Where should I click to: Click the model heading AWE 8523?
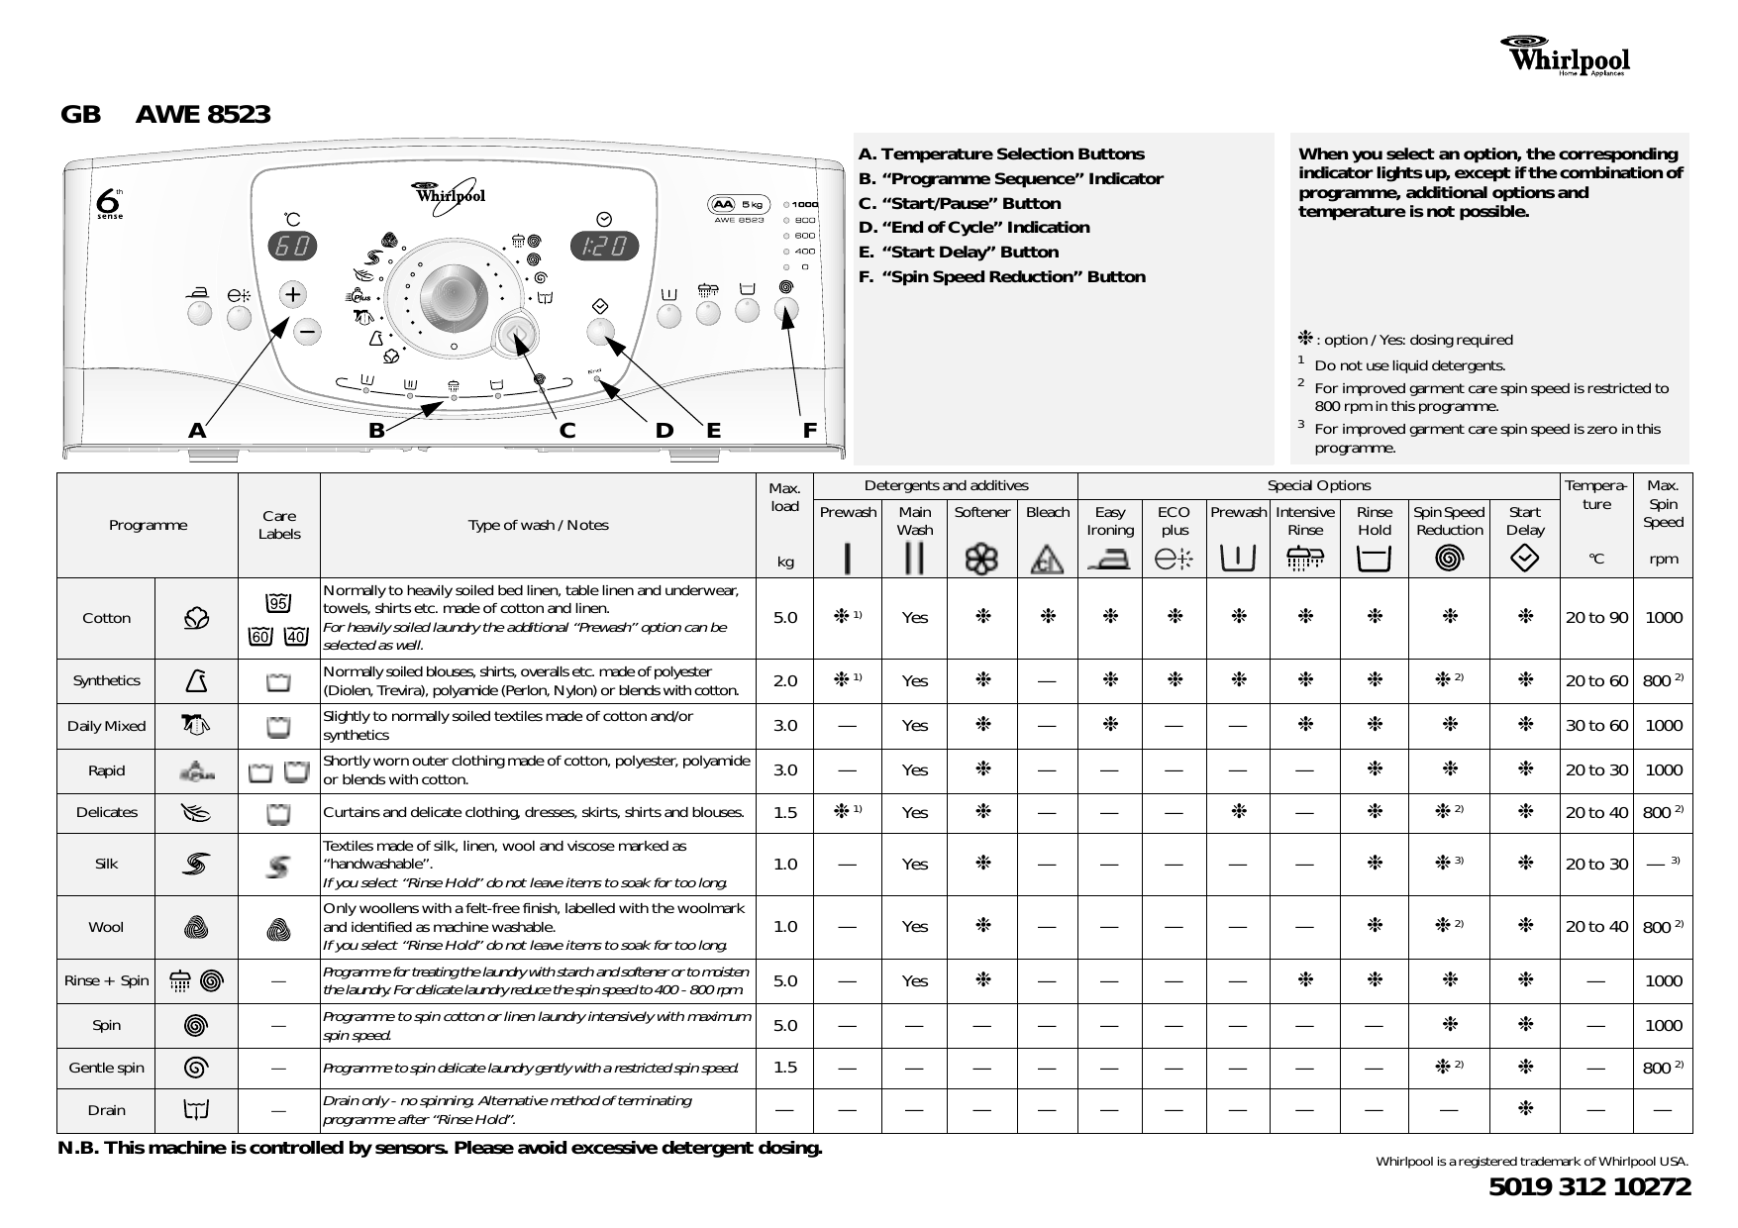[202, 115]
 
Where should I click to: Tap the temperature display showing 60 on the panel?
[293, 247]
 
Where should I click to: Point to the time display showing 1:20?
[603, 247]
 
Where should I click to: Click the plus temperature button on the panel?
[293, 294]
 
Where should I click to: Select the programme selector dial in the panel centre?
[453, 297]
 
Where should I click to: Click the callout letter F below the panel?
[810, 431]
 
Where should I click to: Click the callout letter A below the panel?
[197, 431]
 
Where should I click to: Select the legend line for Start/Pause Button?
[959, 203]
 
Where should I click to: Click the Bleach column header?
[1047, 512]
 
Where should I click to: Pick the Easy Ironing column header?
[1109, 521]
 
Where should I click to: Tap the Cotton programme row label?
[106, 618]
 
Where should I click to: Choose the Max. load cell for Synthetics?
[784, 680]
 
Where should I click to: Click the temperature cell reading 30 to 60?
[1595, 726]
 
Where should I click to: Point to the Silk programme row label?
[106, 864]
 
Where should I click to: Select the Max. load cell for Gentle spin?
[784, 1068]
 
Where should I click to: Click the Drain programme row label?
[106, 1110]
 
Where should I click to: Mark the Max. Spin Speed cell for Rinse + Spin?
[1663, 980]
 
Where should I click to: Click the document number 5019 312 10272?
[1589, 1186]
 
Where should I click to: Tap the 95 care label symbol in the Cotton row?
[278, 603]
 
